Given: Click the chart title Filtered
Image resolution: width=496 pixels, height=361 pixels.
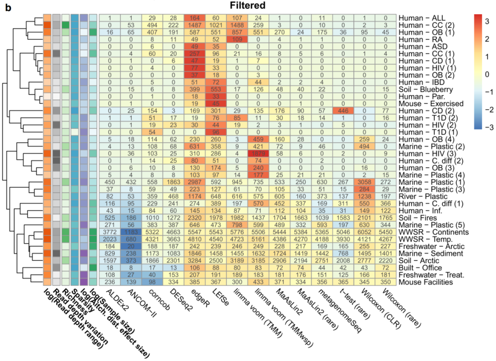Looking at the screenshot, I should (248, 5).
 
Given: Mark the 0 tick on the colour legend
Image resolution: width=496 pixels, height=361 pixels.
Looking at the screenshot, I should (489, 73).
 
